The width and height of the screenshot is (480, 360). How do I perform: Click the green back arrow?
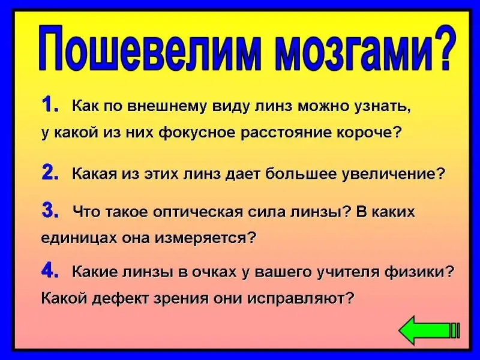pos(429,331)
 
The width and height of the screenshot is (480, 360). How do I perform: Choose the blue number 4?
pos(50,271)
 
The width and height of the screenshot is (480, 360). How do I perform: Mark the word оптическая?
pos(197,213)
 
